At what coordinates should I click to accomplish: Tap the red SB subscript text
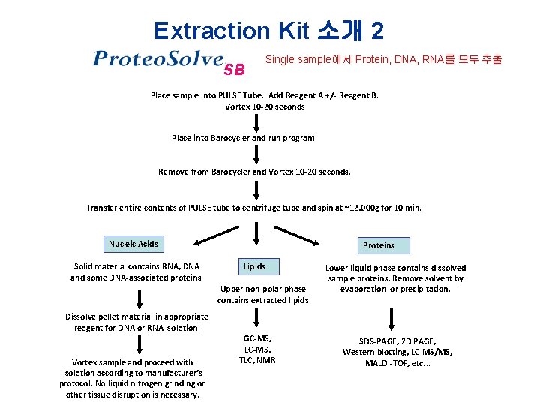coord(234,70)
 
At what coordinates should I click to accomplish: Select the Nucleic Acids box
coord(133,244)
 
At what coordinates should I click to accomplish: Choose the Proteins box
coord(378,245)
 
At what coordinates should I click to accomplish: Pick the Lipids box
coord(253,266)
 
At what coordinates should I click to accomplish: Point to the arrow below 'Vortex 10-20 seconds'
coord(256,122)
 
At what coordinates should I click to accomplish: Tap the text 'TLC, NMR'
coord(257,360)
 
